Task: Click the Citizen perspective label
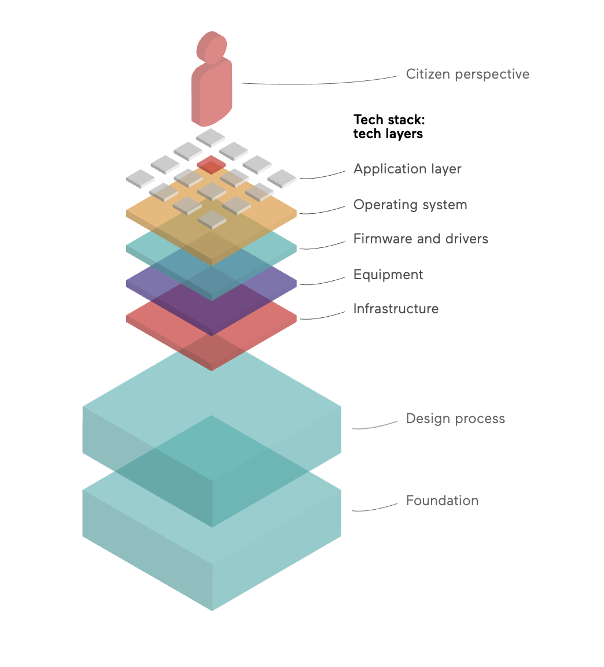[x=467, y=75]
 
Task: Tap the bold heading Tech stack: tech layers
[x=389, y=127]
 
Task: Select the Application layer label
[x=407, y=169]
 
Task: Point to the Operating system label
[x=410, y=205]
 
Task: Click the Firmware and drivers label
[x=421, y=239]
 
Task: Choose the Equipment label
[x=388, y=275]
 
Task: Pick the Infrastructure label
[x=396, y=309]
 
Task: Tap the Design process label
[x=455, y=418]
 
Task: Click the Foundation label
[x=442, y=501]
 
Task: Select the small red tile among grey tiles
[x=211, y=165]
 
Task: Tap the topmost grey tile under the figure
[x=211, y=138]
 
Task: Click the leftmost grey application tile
[x=141, y=179]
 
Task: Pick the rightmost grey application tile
[x=282, y=179]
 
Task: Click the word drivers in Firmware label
[x=466, y=239]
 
